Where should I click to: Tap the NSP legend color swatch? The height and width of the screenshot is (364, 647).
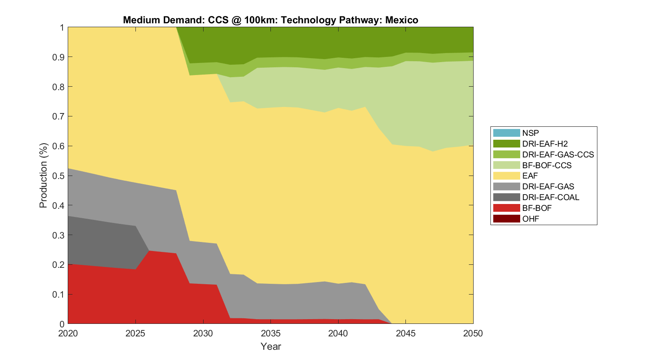click(506, 133)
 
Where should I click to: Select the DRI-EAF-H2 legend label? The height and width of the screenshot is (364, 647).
click(545, 144)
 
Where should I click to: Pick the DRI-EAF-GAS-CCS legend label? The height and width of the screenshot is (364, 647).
click(558, 154)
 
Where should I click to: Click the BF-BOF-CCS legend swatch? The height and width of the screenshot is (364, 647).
click(506, 165)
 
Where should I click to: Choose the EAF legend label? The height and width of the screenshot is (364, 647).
click(530, 176)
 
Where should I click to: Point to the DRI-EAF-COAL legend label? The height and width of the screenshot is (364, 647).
click(550, 197)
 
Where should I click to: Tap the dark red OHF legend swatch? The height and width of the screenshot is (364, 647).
click(506, 219)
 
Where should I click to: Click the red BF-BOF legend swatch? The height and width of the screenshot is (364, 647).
click(506, 208)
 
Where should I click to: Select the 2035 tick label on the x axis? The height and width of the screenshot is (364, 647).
click(271, 333)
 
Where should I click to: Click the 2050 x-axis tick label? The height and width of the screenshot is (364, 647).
click(473, 333)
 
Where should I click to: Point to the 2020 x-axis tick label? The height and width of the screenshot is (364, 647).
click(68, 333)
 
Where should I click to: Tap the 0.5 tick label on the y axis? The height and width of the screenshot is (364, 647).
click(60, 176)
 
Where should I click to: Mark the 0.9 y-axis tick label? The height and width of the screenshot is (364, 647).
click(60, 57)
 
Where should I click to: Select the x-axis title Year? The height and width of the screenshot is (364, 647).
click(271, 346)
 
